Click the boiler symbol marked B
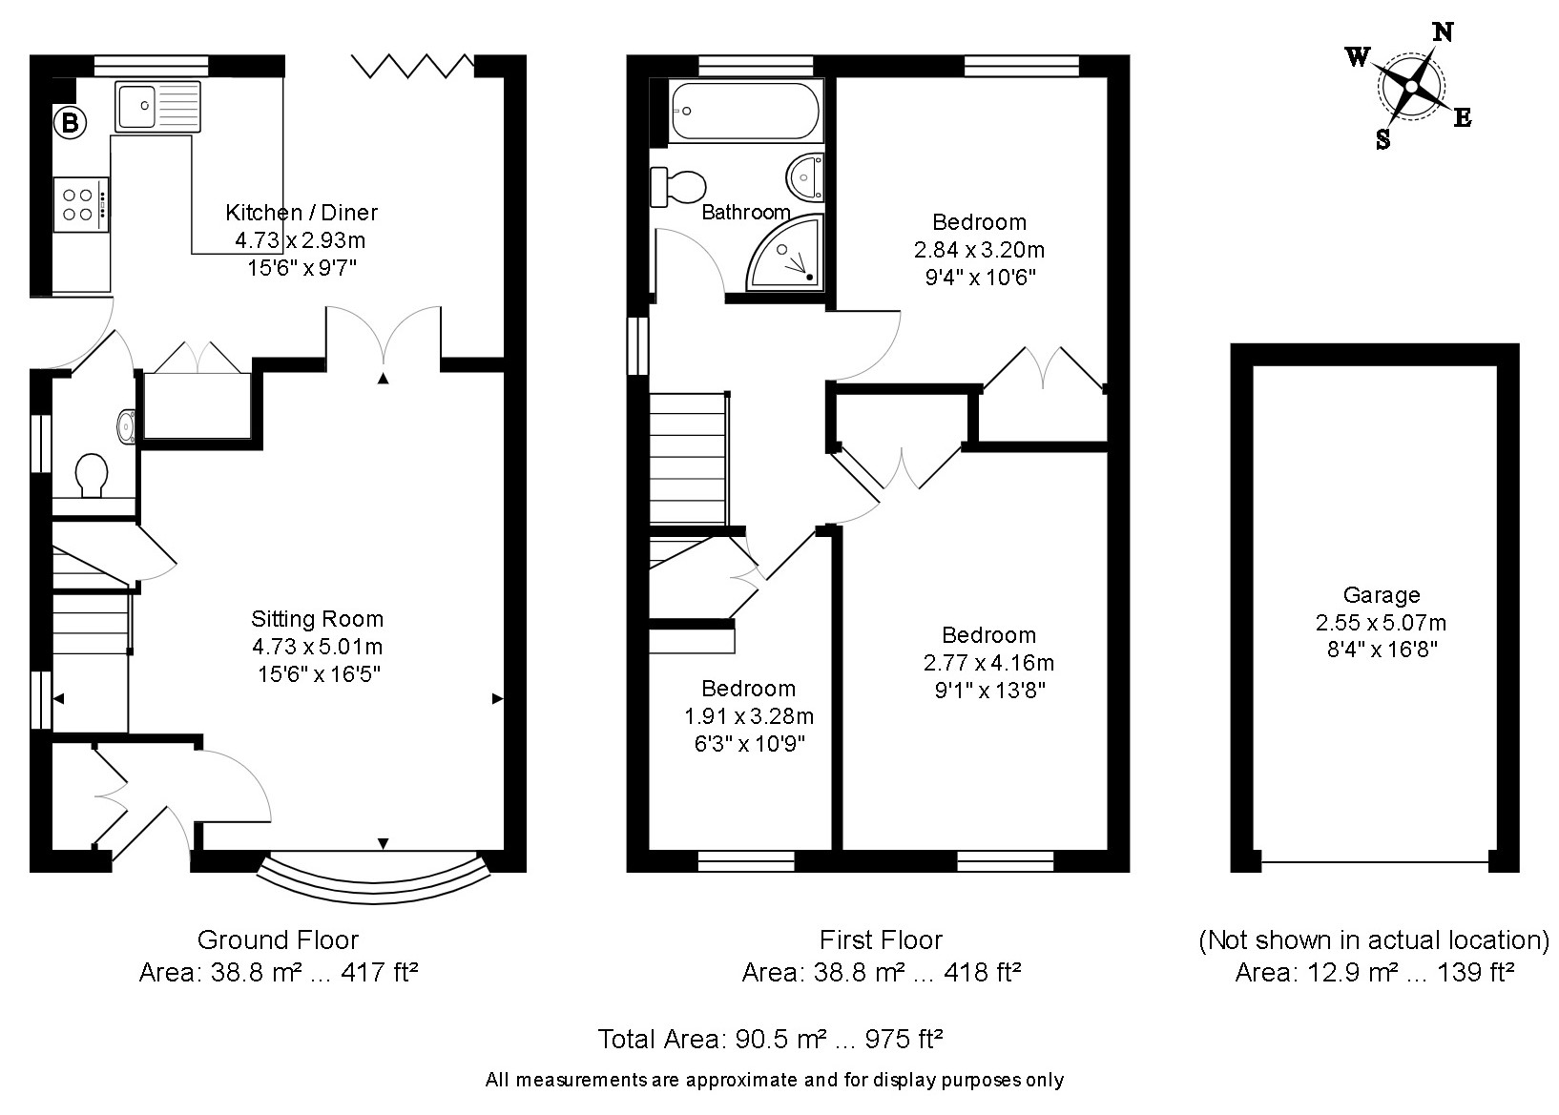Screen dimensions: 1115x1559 (x=70, y=123)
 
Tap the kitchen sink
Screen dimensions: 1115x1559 (x=158, y=106)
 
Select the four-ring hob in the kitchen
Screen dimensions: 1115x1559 (x=80, y=204)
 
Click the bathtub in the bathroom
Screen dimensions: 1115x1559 (x=744, y=112)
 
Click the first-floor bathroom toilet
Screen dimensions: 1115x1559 (x=677, y=186)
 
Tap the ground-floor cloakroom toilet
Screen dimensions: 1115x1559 (x=92, y=474)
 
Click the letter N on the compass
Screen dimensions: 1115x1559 (x=1444, y=33)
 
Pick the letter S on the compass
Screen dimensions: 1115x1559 (x=1382, y=141)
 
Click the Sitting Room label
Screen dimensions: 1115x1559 (x=317, y=619)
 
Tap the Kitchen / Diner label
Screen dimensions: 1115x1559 (x=301, y=213)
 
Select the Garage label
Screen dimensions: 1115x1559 (x=1381, y=595)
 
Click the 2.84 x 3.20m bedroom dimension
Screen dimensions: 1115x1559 (x=979, y=250)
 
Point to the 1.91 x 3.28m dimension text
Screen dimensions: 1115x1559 (x=748, y=716)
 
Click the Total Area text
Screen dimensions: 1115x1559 (x=770, y=1039)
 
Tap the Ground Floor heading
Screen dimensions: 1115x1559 (x=278, y=939)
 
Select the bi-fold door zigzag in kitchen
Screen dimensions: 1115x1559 (x=411, y=66)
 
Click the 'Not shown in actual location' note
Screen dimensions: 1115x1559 (x=1373, y=940)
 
